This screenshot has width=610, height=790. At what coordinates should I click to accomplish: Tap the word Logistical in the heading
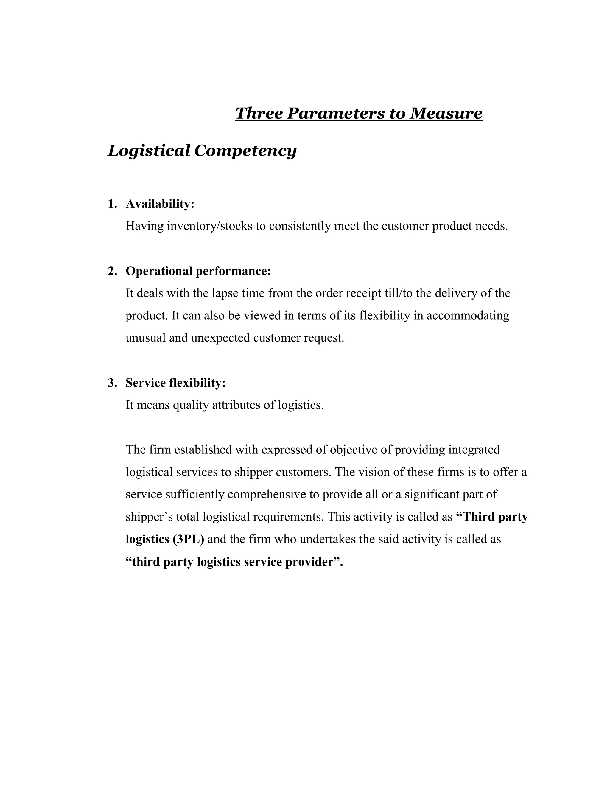tap(149, 151)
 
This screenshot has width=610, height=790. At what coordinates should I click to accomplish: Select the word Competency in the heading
tap(245, 151)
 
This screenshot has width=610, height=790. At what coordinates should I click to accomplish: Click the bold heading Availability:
tap(160, 204)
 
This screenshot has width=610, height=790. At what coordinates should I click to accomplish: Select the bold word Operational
tap(159, 271)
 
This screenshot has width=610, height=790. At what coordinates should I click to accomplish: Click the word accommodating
tap(468, 315)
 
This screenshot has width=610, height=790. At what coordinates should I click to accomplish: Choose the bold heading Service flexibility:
tap(176, 383)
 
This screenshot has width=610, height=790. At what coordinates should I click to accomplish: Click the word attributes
tap(236, 405)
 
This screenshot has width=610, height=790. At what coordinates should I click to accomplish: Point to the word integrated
tap(474, 450)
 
